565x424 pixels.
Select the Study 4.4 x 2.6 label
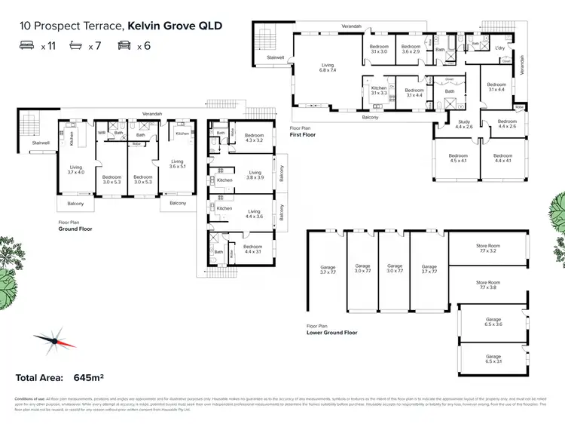pyautogui.click(x=463, y=124)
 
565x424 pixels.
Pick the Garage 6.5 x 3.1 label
pyautogui.click(x=493, y=358)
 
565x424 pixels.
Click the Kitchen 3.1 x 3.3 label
pyautogui.click(x=378, y=91)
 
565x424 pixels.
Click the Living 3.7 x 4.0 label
pyautogui.click(x=76, y=170)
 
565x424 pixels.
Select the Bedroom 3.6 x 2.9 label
pyautogui.click(x=411, y=49)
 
